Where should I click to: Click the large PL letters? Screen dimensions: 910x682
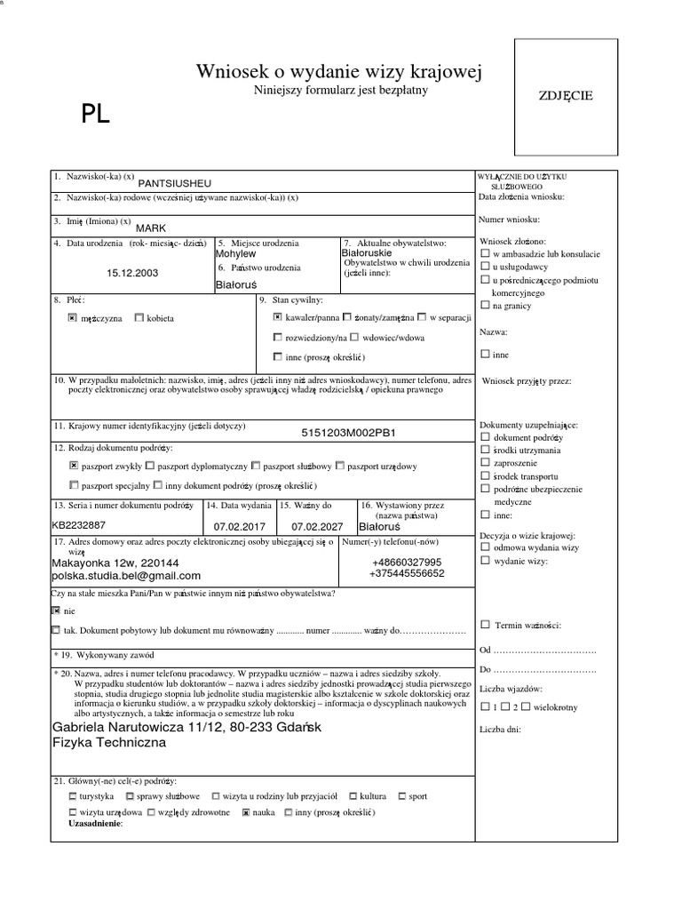tap(96, 114)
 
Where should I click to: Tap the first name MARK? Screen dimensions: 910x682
tap(152, 227)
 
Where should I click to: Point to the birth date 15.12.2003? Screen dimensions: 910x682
tap(132, 273)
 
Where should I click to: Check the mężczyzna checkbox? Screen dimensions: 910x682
tap(73, 317)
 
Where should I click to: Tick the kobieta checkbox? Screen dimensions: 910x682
tap(139, 317)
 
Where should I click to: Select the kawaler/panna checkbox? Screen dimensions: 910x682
tap(278, 316)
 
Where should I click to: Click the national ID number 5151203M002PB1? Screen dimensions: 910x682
tap(348, 434)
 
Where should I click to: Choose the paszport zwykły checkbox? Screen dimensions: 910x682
tap(73, 465)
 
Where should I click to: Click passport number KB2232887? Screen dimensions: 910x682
tap(79, 525)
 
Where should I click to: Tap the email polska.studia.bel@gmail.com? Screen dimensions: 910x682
tap(127, 575)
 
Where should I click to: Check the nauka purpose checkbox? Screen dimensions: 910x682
tap(246, 812)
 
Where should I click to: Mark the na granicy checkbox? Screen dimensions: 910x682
tap(485, 306)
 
